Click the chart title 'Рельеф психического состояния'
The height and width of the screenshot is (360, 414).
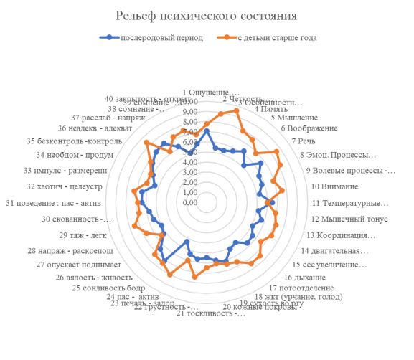[207, 16]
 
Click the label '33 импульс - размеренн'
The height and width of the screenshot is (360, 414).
[65, 171]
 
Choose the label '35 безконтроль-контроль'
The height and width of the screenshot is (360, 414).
[74, 141]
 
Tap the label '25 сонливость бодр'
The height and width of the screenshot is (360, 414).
[108, 288]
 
